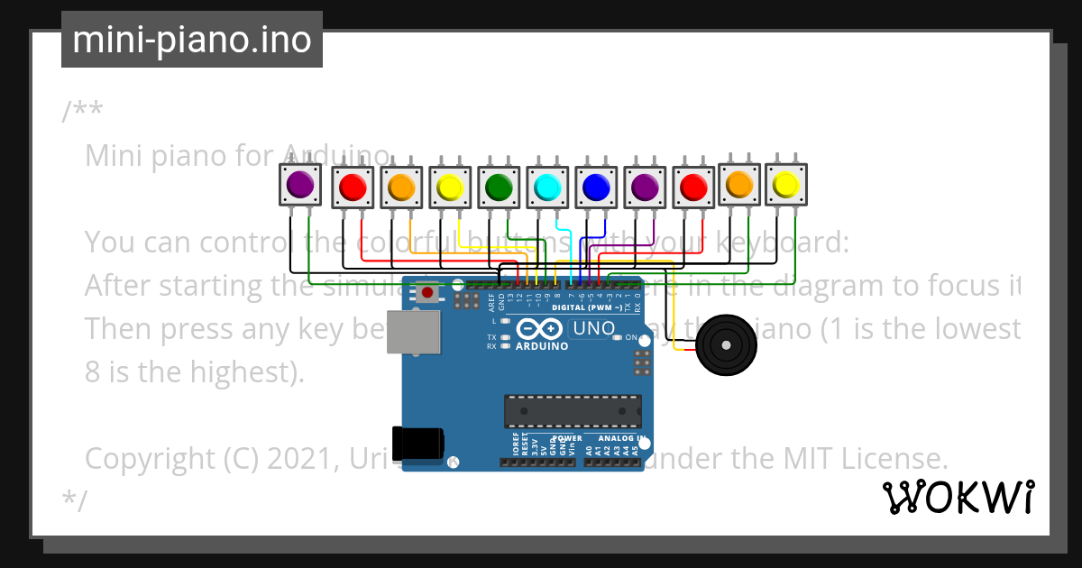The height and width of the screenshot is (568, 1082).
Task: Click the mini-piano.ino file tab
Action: click(x=191, y=40)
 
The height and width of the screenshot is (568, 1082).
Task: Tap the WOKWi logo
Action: click(x=958, y=498)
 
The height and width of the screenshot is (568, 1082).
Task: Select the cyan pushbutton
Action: click(x=547, y=187)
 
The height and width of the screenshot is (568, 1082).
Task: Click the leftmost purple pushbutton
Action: click(x=300, y=185)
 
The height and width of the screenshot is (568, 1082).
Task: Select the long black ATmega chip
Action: click(x=573, y=411)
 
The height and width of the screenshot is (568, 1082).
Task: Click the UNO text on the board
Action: click(x=593, y=329)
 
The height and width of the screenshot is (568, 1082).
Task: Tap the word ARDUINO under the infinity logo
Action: click(x=542, y=346)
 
